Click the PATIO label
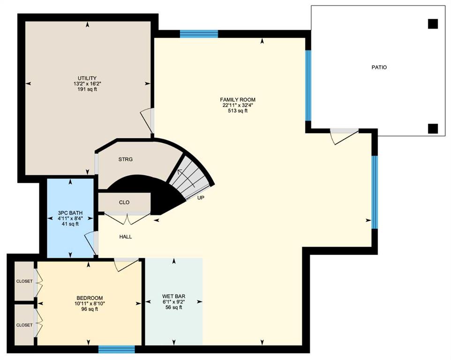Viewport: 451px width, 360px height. coord(379,67)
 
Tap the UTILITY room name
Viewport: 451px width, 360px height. coord(87,78)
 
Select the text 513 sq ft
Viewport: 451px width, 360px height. coord(238,111)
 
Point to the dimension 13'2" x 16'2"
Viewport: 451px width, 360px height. coord(87,84)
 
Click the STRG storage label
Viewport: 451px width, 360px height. coord(125,159)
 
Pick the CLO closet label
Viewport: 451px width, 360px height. coord(124,202)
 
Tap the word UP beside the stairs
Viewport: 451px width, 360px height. coord(201,198)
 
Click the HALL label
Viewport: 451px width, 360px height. coord(126,237)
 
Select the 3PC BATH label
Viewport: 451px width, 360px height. coord(70,213)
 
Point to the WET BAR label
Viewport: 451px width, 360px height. coord(174,296)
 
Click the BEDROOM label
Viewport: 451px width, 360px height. coord(90,298)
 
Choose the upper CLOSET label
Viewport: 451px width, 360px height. coord(24,281)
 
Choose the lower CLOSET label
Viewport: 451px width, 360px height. coord(24,325)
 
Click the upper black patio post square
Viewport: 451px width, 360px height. coord(433,24)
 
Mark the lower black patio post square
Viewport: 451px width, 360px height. coord(433,129)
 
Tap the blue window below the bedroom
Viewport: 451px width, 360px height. coord(116,349)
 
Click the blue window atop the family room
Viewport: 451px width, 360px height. coord(199,34)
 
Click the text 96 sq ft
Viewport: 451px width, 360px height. coord(90,309)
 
